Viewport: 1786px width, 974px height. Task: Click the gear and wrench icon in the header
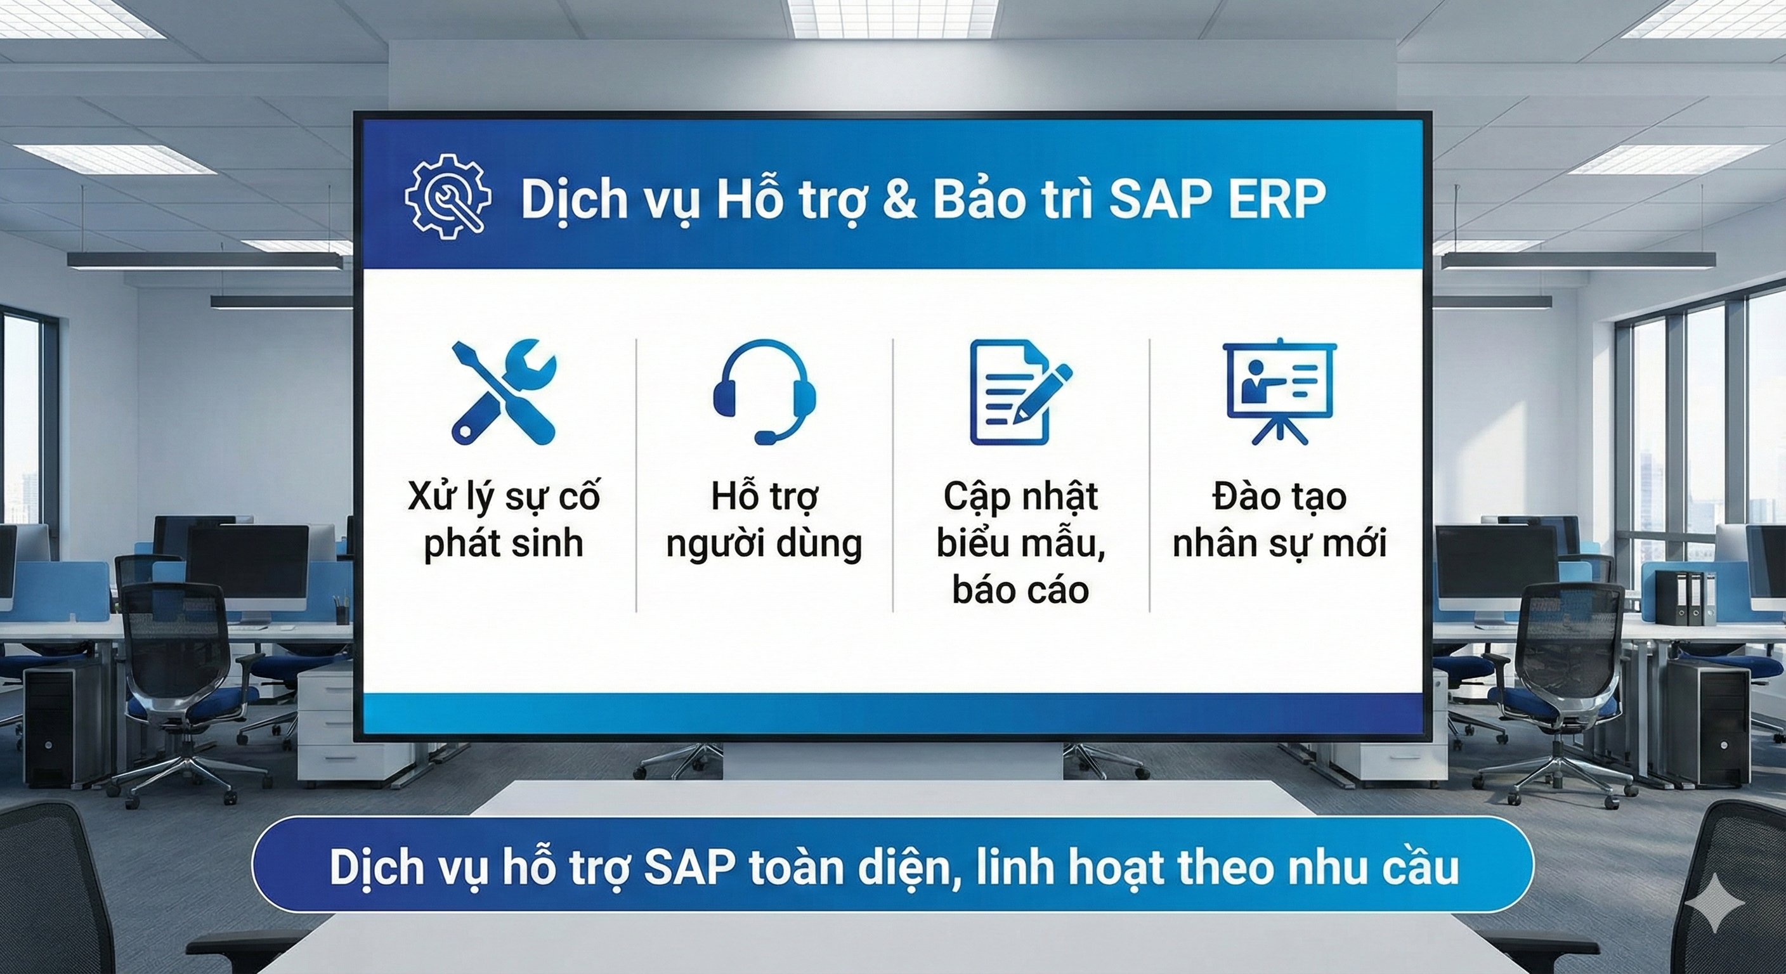pos(448,197)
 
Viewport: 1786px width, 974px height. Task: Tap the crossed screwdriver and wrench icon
pos(504,392)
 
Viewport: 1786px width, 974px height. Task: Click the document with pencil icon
pos(1020,392)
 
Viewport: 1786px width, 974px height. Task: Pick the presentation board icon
pos(1279,392)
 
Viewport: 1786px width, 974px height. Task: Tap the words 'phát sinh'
pos(504,543)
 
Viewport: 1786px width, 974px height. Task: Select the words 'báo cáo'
pos(1020,590)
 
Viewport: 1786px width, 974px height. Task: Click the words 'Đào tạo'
pos(1279,497)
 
